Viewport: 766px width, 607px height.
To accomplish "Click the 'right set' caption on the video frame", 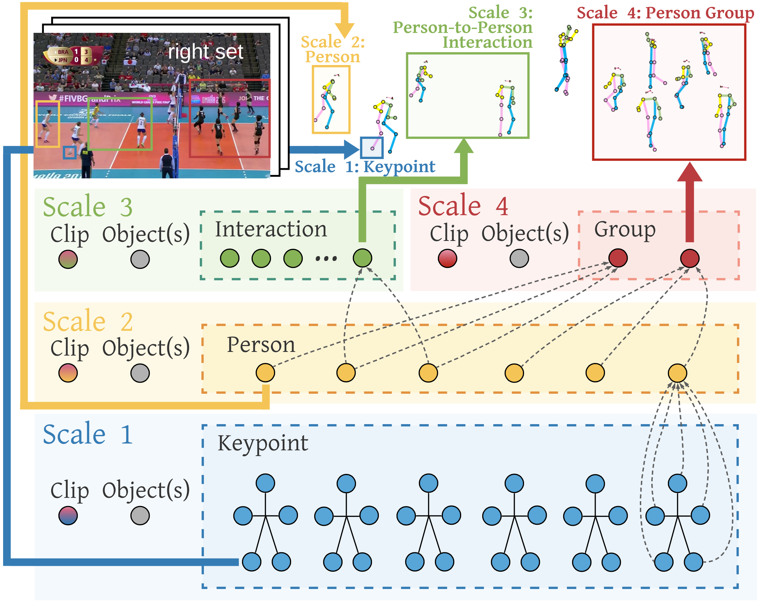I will point(205,52).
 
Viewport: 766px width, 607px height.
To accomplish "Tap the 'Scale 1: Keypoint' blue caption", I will point(365,167).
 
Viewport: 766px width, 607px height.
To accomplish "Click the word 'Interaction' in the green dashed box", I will point(271,229).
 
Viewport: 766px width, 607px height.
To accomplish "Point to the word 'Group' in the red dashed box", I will point(625,229).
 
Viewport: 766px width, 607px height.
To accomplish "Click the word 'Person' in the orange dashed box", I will point(261,345).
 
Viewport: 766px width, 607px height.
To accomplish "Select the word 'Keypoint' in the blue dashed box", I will point(263,443).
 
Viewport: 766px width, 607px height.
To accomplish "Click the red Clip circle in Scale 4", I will point(447,258).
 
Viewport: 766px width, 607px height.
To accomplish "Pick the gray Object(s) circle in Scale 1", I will point(140,515).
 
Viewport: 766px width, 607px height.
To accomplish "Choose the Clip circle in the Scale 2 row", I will point(68,373).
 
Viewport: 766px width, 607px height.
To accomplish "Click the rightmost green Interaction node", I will point(362,258).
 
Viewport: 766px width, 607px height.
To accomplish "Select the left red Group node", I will point(618,258).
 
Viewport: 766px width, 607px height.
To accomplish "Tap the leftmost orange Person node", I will point(265,373).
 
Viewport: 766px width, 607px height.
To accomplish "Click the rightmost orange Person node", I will point(677,373).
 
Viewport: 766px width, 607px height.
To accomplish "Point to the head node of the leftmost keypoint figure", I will point(265,483).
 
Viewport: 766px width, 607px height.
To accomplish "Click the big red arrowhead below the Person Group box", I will point(690,172).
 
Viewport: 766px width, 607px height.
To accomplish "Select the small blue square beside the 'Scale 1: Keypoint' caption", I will point(372,148).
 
